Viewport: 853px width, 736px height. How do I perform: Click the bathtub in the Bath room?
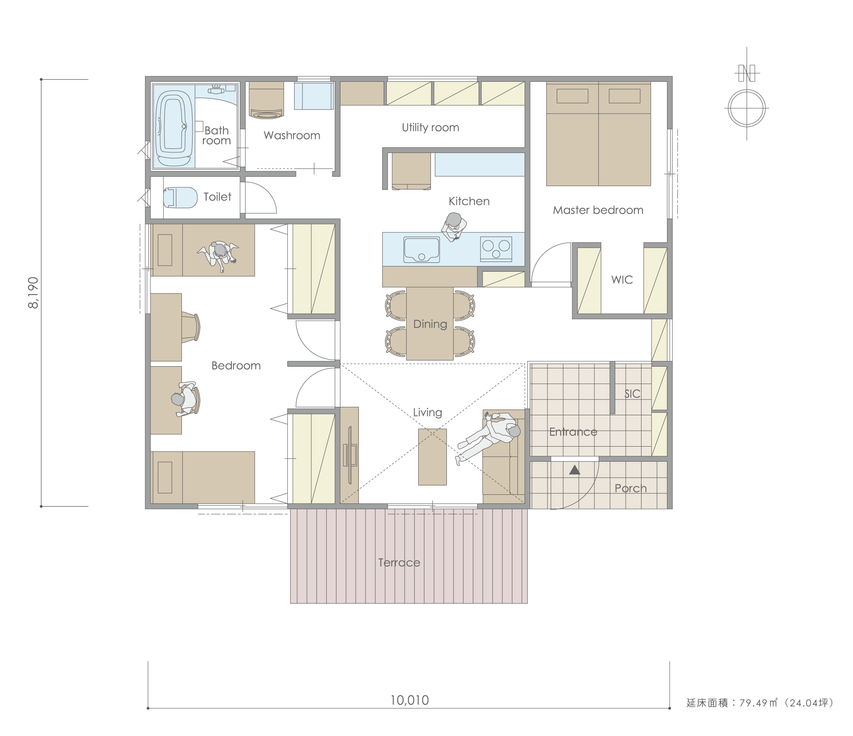point(174,128)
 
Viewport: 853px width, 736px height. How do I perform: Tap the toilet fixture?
point(180,197)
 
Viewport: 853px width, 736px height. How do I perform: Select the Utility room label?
point(430,128)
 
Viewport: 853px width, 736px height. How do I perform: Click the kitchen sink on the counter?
point(422,250)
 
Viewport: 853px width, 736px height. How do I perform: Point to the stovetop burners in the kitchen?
point(496,249)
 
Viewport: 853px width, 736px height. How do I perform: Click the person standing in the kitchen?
point(453,227)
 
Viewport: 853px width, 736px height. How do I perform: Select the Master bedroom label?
point(598,210)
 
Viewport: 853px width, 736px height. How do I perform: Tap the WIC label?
point(622,280)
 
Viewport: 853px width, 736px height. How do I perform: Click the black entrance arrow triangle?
point(574,470)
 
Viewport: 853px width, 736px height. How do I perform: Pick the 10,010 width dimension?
point(409,700)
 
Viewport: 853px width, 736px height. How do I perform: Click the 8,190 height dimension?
point(34,292)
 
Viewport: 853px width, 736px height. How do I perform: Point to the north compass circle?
point(747,108)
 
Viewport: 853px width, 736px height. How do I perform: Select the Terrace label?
point(399,563)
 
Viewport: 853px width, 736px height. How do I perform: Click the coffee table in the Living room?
point(432,457)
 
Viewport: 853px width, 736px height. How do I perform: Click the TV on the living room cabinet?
point(350,455)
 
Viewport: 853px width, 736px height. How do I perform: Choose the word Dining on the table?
point(430,324)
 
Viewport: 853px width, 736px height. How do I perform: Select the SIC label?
point(632,394)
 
